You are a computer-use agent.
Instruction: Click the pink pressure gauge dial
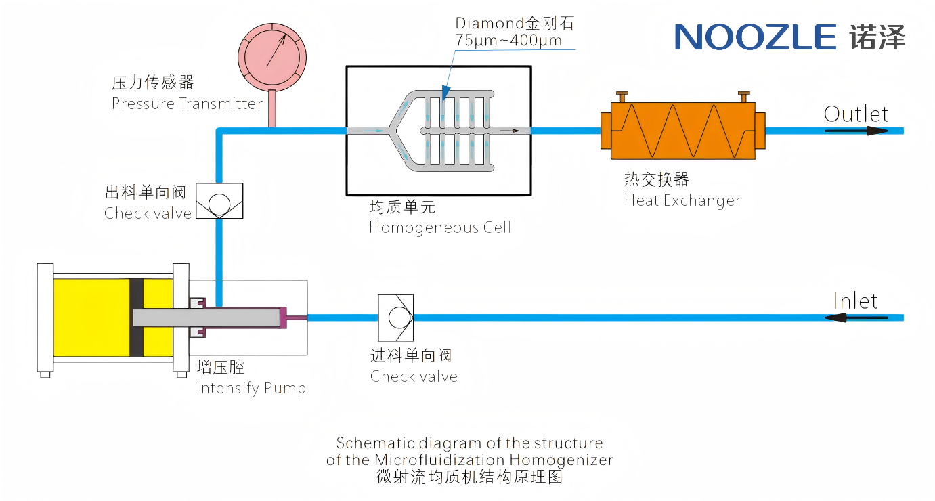coord(272,57)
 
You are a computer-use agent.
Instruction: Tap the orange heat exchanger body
coord(683,131)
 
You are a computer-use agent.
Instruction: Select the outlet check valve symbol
coord(219,201)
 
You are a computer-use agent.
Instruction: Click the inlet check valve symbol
coord(395,318)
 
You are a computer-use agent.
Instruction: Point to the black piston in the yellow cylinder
coord(136,318)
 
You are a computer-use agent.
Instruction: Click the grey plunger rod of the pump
coord(206,318)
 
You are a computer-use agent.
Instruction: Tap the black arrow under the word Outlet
coord(856,131)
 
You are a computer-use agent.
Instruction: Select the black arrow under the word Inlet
coord(856,318)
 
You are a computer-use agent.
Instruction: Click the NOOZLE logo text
coord(756,37)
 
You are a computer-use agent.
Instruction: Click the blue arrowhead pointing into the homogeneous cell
coord(445,93)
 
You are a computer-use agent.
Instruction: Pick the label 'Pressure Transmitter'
coord(187,104)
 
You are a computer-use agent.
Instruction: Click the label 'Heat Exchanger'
coord(682,201)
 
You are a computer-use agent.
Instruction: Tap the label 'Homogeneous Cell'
coord(440,228)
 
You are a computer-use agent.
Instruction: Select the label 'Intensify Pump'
coord(251,389)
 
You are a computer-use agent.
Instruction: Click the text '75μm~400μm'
coord(508,41)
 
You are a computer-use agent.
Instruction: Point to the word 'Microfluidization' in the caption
coord(440,460)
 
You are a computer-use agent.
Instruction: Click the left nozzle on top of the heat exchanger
coord(622,97)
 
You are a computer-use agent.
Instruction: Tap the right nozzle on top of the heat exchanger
coord(744,97)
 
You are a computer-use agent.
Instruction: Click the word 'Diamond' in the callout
coord(490,24)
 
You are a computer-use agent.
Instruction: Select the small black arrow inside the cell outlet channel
coord(509,131)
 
